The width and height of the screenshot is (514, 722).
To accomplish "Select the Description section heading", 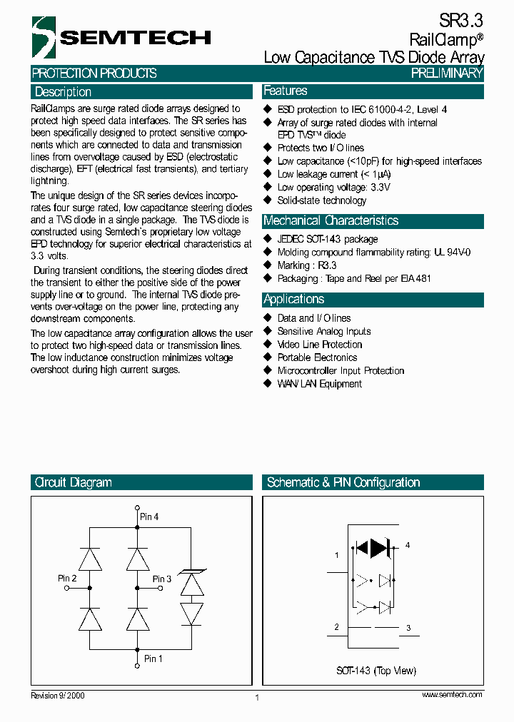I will (x=63, y=92).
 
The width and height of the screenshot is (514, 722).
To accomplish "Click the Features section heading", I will (x=286, y=91).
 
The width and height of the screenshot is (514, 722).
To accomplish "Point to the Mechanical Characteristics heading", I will (x=331, y=220).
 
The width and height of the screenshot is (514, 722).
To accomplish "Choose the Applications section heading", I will (x=293, y=299).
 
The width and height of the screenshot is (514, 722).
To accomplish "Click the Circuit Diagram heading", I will (x=73, y=482).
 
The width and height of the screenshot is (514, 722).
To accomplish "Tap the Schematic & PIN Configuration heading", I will (x=343, y=482).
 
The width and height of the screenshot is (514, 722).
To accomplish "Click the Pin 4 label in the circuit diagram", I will (x=149, y=516).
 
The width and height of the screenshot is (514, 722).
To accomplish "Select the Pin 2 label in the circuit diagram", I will (x=67, y=578).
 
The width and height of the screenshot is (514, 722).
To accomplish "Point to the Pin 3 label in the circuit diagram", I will (x=162, y=579).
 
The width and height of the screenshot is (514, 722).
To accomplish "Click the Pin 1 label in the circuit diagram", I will (x=153, y=659).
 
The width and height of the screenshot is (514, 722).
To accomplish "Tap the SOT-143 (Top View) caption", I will (x=376, y=671).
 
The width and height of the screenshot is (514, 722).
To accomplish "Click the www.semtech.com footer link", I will (x=452, y=695).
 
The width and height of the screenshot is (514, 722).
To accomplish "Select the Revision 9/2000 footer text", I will (x=57, y=695).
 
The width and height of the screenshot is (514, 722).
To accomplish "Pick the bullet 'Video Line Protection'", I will (x=319, y=345).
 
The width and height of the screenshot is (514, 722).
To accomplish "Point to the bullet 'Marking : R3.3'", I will (x=307, y=265).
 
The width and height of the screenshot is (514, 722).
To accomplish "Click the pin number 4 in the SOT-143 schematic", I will (x=408, y=545).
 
